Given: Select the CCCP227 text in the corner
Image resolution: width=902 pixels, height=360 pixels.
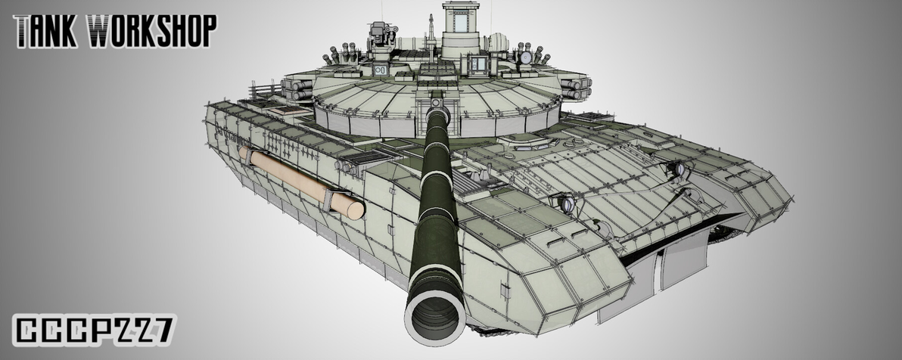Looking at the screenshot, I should (x=94, y=331).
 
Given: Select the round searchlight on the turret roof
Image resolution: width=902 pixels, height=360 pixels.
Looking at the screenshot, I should (x=526, y=57).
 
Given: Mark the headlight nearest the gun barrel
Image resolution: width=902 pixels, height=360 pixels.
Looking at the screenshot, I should (x=563, y=202).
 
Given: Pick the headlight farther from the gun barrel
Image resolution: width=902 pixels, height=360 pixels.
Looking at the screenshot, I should (x=679, y=170).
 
